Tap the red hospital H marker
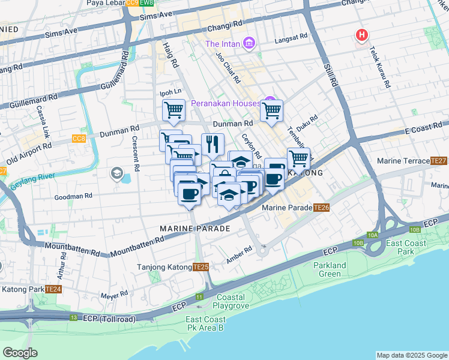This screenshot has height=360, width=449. coord(361,35)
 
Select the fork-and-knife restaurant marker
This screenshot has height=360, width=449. coord(212,144)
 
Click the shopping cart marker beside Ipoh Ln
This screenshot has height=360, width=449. coord(173,110)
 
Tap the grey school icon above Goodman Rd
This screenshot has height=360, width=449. coord(117,174)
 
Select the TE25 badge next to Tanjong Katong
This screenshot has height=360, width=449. coord(200,267)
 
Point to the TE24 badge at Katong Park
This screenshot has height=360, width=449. coord(54,289)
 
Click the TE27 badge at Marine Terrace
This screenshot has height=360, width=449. coord(439,161)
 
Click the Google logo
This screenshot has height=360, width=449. coord(20,353)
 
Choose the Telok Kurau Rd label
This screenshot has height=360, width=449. coord(381,67)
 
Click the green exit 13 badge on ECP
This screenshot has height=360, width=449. coord(73,317)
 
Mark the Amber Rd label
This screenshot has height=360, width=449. coord(240,254)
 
